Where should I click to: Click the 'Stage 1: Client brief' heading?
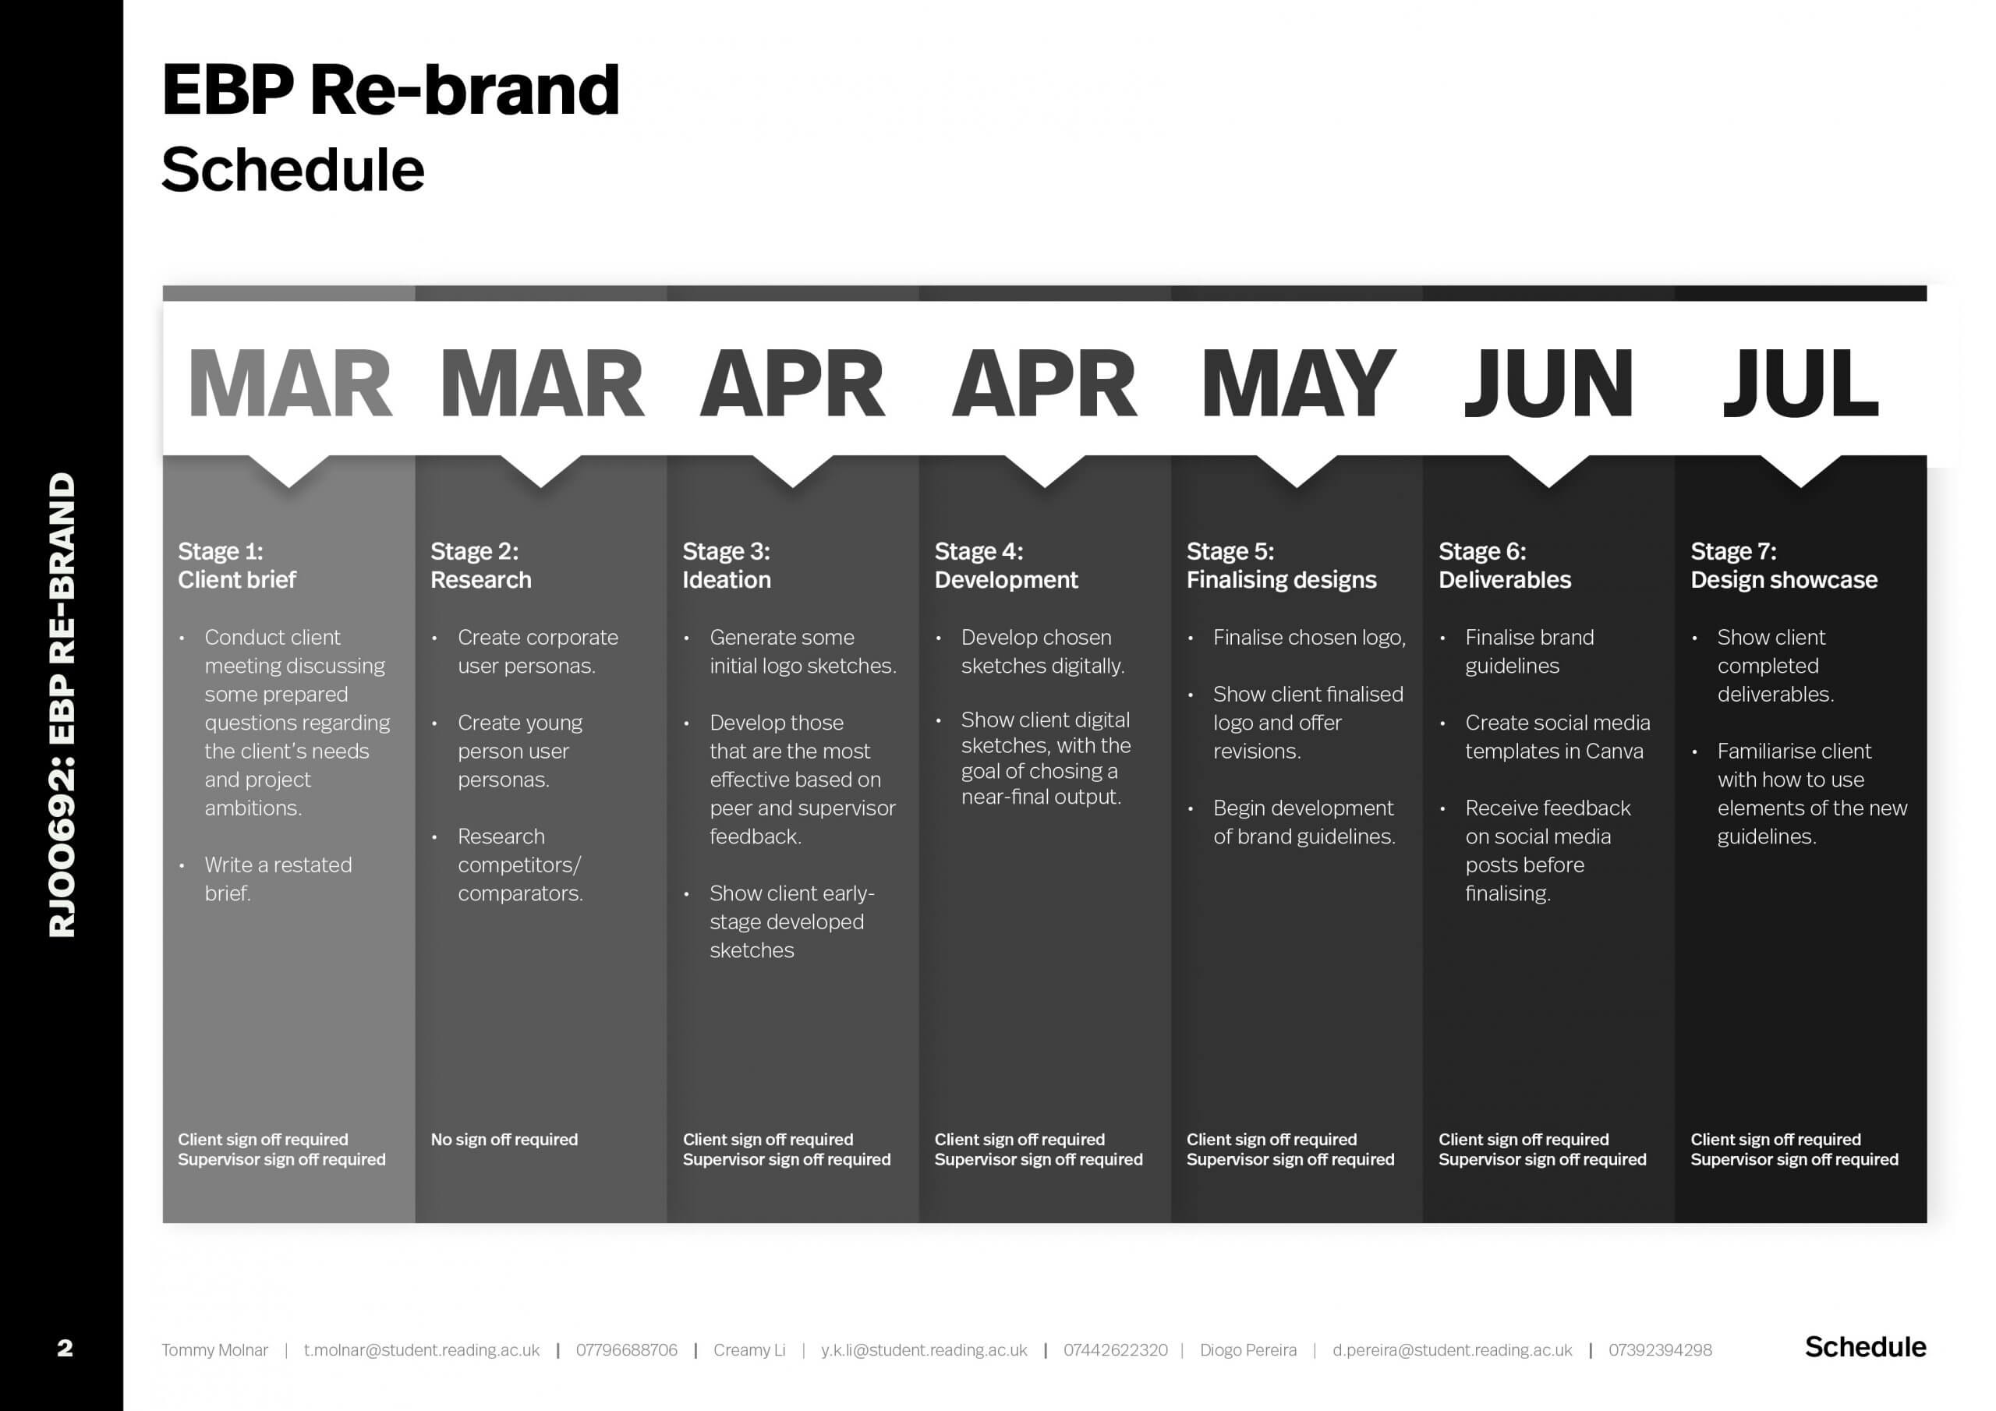(236, 565)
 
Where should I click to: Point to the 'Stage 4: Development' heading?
(1006, 565)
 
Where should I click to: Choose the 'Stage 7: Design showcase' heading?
(1783, 565)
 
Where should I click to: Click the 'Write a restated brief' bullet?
(278, 878)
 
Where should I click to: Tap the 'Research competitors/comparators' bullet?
(520, 865)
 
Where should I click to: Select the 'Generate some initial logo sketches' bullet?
(802, 651)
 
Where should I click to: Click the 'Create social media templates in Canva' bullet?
(1557, 737)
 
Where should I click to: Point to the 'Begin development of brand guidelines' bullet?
(1304, 822)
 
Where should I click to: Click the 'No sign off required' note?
(504, 1139)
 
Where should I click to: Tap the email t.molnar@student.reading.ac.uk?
(422, 1350)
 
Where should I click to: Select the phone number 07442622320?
(1116, 1350)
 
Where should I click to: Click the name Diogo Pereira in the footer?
(1247, 1350)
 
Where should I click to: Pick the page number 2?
(65, 1349)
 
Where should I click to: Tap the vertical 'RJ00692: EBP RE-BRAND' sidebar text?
(62, 704)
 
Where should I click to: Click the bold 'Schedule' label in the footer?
(1865, 1346)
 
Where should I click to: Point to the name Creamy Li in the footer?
(748, 1350)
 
